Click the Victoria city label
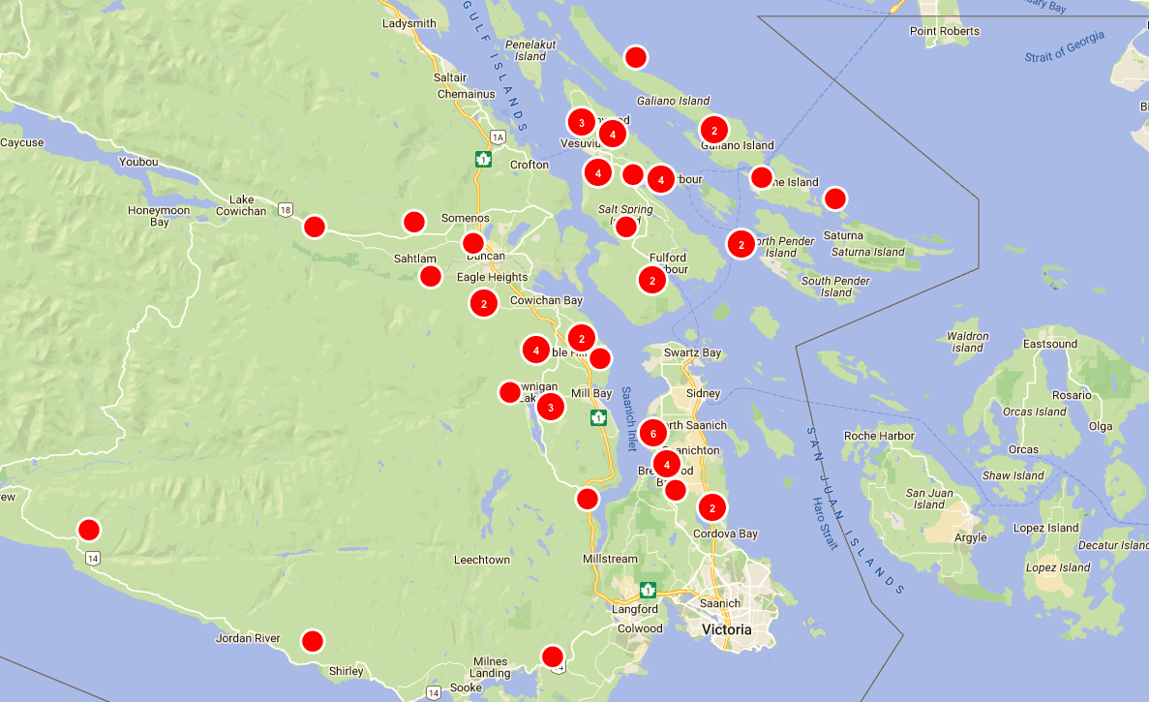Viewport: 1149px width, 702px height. pyautogui.click(x=726, y=629)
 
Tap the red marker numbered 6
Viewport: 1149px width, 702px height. pyautogui.click(x=653, y=433)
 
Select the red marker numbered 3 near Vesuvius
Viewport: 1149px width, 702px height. pyautogui.click(x=581, y=122)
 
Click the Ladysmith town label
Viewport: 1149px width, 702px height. pyautogui.click(x=409, y=23)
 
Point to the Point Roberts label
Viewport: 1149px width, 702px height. pyautogui.click(x=945, y=31)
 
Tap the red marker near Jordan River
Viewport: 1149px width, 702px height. pyautogui.click(x=312, y=641)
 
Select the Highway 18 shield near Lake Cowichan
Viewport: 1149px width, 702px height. pyautogui.click(x=284, y=209)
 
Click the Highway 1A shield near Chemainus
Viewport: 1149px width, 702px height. pyautogui.click(x=498, y=137)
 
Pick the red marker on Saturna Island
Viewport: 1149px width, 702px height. pyautogui.click(x=834, y=198)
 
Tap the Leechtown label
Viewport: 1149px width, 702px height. pyautogui.click(x=482, y=560)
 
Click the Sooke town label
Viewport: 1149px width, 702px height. pyautogui.click(x=466, y=687)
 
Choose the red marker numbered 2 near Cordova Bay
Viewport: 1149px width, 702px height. pyautogui.click(x=712, y=506)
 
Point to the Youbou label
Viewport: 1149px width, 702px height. pyautogui.click(x=137, y=162)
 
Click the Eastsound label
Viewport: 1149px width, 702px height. pyautogui.click(x=1050, y=344)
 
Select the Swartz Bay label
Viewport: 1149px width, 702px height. pyautogui.click(x=692, y=353)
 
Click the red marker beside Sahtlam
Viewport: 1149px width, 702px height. pyautogui.click(x=431, y=277)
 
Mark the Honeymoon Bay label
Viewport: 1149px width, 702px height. pyautogui.click(x=159, y=216)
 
